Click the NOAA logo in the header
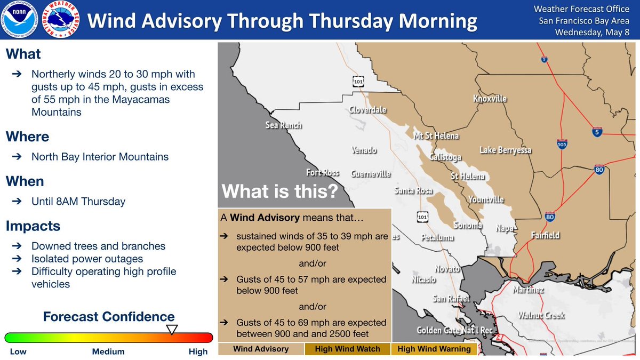click(x=21, y=21)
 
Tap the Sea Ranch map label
click(x=283, y=125)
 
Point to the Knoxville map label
click(x=490, y=99)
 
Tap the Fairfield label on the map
click(x=545, y=235)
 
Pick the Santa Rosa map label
click(x=413, y=190)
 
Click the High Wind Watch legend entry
click(x=347, y=349)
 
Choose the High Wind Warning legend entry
click(x=434, y=349)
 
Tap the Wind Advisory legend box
click(x=261, y=349)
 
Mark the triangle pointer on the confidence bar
click(x=172, y=330)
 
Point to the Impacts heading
click(x=33, y=226)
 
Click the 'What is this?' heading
click(x=279, y=191)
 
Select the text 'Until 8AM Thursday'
click(x=78, y=202)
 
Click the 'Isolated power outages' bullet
click(x=87, y=259)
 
